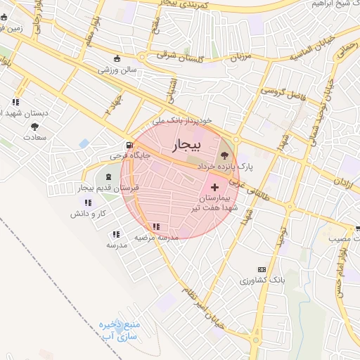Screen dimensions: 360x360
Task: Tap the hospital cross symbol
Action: (215, 187)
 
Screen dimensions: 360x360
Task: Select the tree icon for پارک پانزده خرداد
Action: (225, 155)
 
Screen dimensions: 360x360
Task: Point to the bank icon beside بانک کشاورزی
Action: (262, 270)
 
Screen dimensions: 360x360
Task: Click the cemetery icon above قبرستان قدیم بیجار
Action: (108, 176)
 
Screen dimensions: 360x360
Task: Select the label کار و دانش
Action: (91, 212)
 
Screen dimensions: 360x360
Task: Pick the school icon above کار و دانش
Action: (86, 202)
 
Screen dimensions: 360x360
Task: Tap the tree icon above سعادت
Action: (34, 126)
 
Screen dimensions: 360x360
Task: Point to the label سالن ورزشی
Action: (117, 70)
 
